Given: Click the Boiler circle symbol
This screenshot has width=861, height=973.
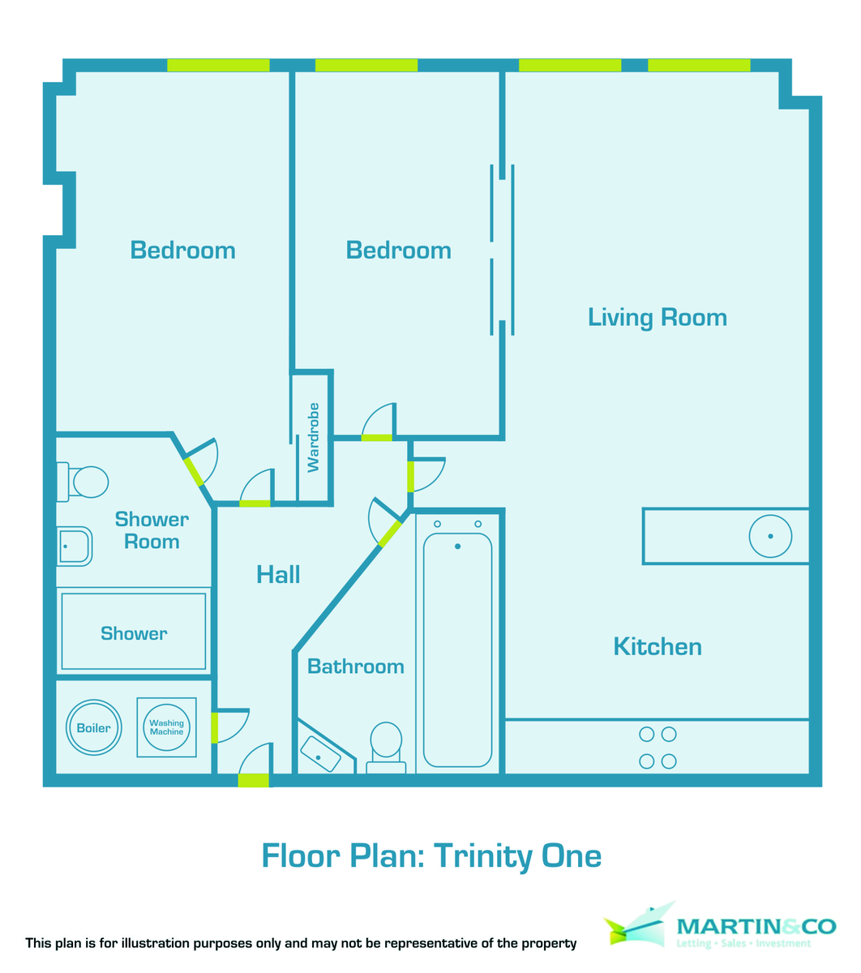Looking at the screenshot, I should [93, 727].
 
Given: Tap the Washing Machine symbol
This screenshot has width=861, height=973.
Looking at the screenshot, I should [166, 727].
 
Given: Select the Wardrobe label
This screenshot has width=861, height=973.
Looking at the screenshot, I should [313, 437].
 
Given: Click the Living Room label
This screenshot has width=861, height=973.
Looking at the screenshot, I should [657, 317].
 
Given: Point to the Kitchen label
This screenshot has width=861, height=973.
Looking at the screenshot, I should [657, 646].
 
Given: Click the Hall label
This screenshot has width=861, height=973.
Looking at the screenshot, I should [278, 575].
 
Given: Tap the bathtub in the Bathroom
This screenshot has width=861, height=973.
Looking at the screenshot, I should [457, 649].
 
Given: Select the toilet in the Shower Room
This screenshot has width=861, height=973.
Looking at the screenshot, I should [84, 481].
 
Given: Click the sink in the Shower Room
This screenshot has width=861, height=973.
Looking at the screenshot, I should [75, 546].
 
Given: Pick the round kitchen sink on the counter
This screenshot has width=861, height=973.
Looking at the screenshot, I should [769, 536].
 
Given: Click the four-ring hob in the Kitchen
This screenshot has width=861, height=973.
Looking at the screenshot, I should [658, 748].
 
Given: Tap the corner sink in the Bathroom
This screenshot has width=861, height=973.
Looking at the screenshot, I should [322, 754].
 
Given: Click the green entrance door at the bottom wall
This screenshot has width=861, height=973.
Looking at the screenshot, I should [254, 780].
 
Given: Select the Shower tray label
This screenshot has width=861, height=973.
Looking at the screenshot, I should [134, 633].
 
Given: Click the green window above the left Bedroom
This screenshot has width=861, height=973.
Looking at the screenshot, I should [218, 66].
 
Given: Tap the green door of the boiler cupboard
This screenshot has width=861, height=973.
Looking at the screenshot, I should [215, 727].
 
